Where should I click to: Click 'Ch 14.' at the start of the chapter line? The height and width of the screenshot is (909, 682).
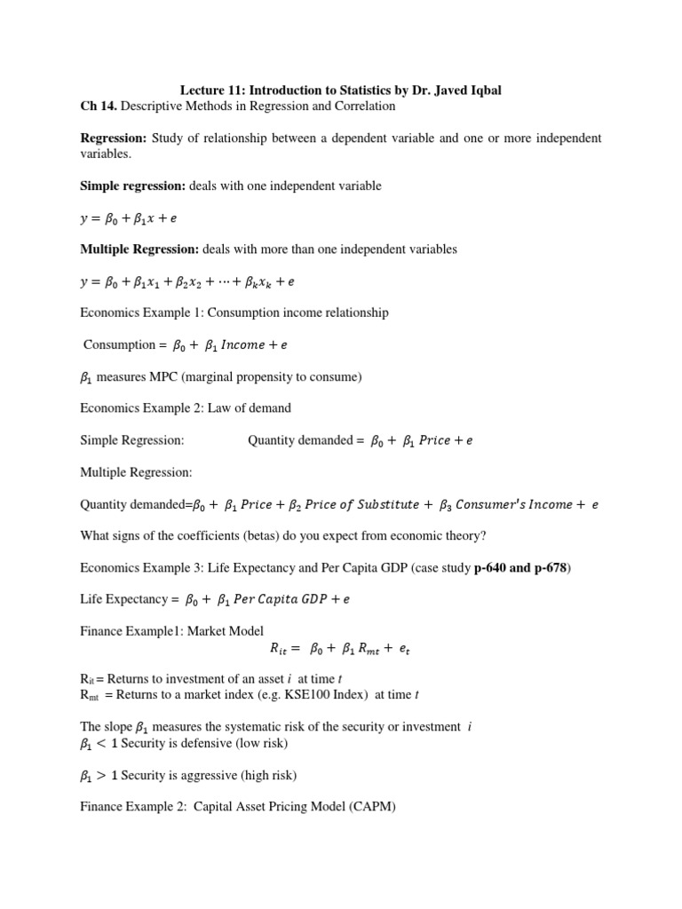(98, 106)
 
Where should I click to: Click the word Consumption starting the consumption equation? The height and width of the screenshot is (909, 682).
(118, 344)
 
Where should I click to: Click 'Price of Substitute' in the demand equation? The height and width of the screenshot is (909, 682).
(361, 504)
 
